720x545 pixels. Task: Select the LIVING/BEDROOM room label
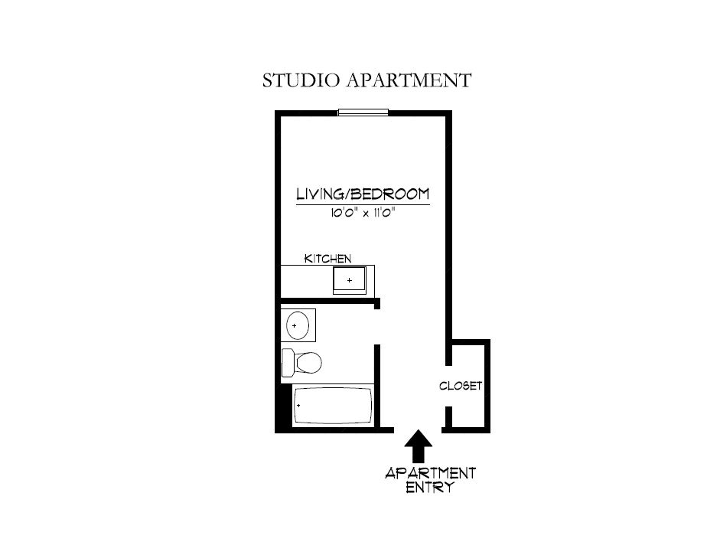(363, 194)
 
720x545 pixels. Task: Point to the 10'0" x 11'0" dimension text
(363, 214)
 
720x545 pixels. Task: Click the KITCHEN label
(327, 259)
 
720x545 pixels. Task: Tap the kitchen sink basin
(350, 280)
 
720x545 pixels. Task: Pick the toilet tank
(288, 362)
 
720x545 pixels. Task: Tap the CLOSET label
(461, 386)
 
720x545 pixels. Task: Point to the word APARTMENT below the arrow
(430, 472)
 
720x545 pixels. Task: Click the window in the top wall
(363, 113)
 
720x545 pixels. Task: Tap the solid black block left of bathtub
(285, 406)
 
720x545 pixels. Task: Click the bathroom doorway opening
(377, 327)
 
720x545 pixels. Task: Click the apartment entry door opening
(417, 429)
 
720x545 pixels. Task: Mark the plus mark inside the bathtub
(298, 405)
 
